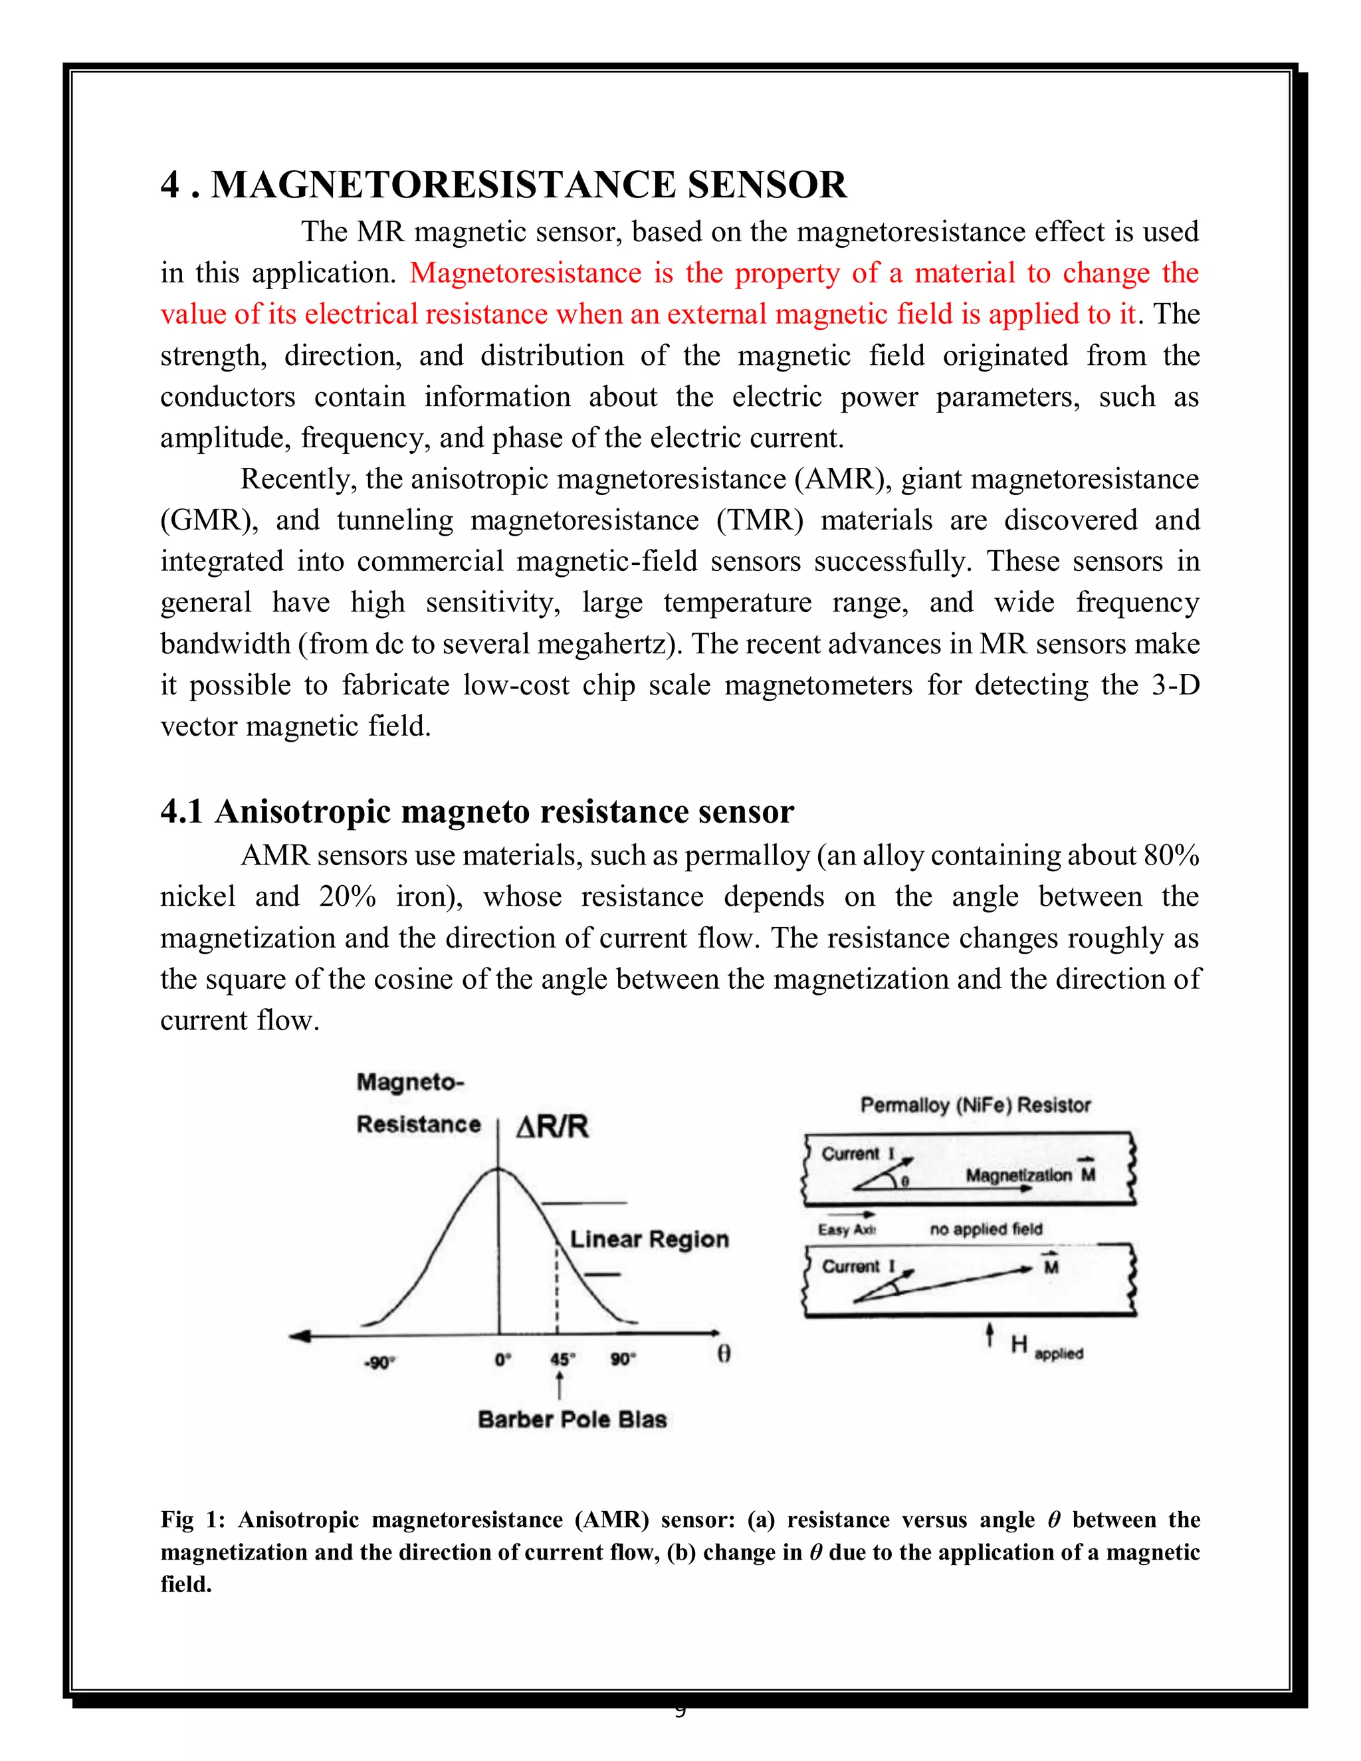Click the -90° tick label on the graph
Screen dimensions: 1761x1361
(378, 1362)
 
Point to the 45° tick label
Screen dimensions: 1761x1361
(562, 1360)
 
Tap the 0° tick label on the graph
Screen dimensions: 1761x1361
(503, 1360)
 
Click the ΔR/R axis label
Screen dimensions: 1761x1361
(552, 1126)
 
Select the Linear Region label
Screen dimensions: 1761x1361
(649, 1239)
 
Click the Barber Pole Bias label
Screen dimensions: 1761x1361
(572, 1420)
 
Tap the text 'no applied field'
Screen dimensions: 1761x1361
(986, 1229)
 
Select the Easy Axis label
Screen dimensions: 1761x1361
(846, 1229)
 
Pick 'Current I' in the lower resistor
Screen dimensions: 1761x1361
(858, 1267)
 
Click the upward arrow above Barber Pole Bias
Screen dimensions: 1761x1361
(558, 1386)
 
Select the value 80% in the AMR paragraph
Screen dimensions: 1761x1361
(1171, 855)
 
